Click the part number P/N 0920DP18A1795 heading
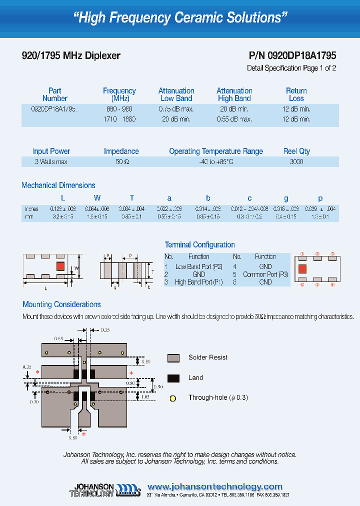[x=292, y=56]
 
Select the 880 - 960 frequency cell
[x=119, y=109]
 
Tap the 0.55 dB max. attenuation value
[x=234, y=119]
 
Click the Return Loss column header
[x=296, y=94]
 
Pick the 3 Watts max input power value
[x=51, y=162]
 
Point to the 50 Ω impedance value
[x=121, y=162]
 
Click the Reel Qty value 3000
[x=296, y=162]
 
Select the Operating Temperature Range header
[x=215, y=151]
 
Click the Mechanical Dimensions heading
[x=58, y=185]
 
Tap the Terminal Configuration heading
[x=199, y=245]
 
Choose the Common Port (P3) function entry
[x=265, y=274]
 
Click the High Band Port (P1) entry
[x=199, y=282]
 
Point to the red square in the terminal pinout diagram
[x=302, y=269]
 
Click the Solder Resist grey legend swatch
[x=173, y=357]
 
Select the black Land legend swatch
[x=173, y=378]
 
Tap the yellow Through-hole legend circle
[x=173, y=398]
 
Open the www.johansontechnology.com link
[x=215, y=486]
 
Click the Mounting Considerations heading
[x=61, y=304]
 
